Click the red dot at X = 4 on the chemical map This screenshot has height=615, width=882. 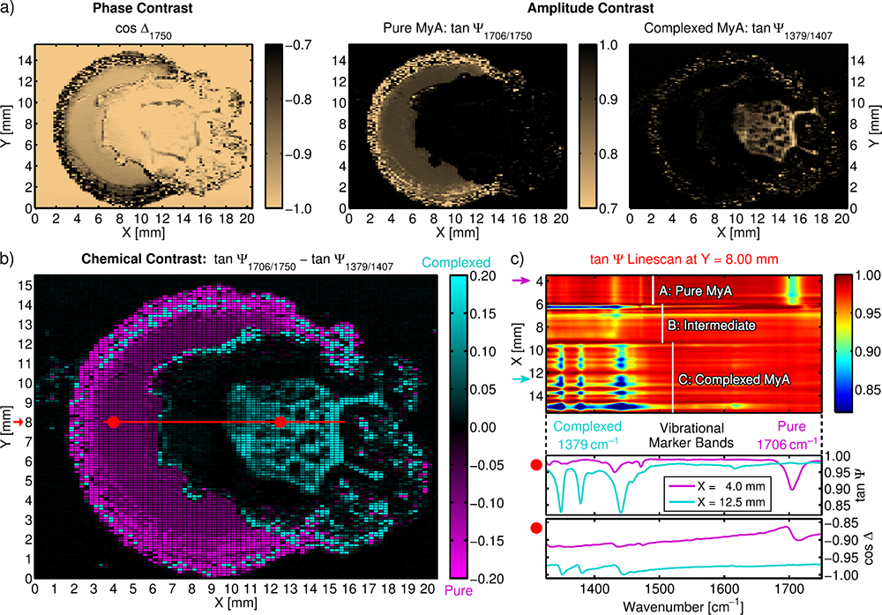point(113,423)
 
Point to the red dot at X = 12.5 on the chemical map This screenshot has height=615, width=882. point(280,423)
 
